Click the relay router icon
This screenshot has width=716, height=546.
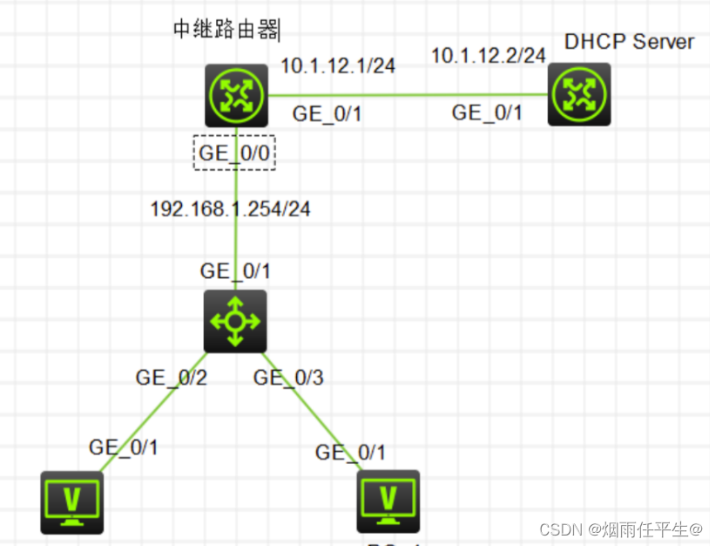(235, 95)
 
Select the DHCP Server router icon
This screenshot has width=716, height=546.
(579, 95)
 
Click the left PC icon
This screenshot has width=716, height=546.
(72, 502)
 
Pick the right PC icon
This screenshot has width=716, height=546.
(388, 502)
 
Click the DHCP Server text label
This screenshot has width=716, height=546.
(629, 41)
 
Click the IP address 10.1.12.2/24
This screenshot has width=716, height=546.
(489, 56)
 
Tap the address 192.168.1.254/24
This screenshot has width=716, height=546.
(231, 208)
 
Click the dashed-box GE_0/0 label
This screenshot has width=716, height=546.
(234, 152)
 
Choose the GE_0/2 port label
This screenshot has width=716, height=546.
(171, 378)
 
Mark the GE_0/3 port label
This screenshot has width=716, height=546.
(288, 378)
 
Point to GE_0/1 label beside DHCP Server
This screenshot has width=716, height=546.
(487, 113)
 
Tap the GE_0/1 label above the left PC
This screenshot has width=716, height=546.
(124, 447)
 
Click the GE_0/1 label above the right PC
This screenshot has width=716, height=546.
(350, 452)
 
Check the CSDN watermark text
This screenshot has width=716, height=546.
(620, 529)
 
